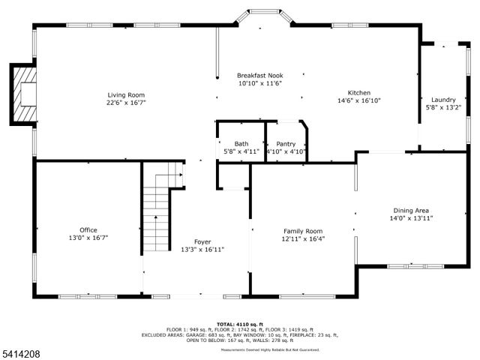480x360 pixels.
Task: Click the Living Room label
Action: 126,94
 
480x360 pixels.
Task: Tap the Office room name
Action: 88,229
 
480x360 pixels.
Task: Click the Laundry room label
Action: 443,100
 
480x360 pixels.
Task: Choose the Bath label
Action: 241,144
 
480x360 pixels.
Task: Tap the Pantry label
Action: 286,144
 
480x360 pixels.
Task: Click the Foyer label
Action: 202,241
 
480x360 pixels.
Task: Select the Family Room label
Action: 303,231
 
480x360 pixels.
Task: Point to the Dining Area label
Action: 412,210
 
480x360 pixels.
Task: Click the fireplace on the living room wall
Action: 24,94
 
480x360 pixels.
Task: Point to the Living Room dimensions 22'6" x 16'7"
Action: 126,103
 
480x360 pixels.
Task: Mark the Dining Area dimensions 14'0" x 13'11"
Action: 412,218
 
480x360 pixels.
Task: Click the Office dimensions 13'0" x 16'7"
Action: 88,238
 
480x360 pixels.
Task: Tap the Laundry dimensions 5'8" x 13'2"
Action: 443,108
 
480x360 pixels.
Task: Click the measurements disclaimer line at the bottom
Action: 270,350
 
